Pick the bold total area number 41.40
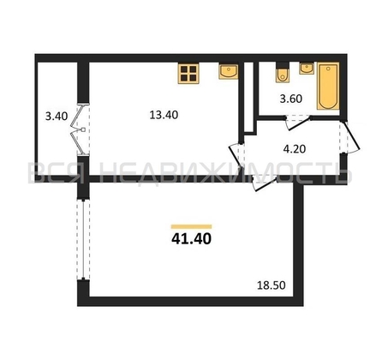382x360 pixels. [190, 243]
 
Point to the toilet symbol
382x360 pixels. [283, 72]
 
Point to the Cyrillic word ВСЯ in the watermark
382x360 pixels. [53, 175]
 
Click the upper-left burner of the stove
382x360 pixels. [184, 69]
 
